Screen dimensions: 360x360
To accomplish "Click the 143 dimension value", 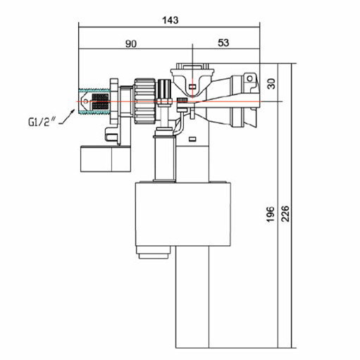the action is pos(170,20).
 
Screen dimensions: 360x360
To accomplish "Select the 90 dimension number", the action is pos(131,44).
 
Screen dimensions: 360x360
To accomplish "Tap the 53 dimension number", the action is pos(223,43).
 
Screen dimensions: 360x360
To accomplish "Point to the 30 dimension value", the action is pos(271,84).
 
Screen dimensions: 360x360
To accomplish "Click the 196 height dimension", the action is pos(271,214).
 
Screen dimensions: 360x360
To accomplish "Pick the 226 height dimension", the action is pos(285,213).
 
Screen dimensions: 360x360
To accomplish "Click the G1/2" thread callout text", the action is pos(42,122).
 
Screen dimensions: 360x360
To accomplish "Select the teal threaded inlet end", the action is pos(94,102).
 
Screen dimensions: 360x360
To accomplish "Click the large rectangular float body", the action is pos(183,214).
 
